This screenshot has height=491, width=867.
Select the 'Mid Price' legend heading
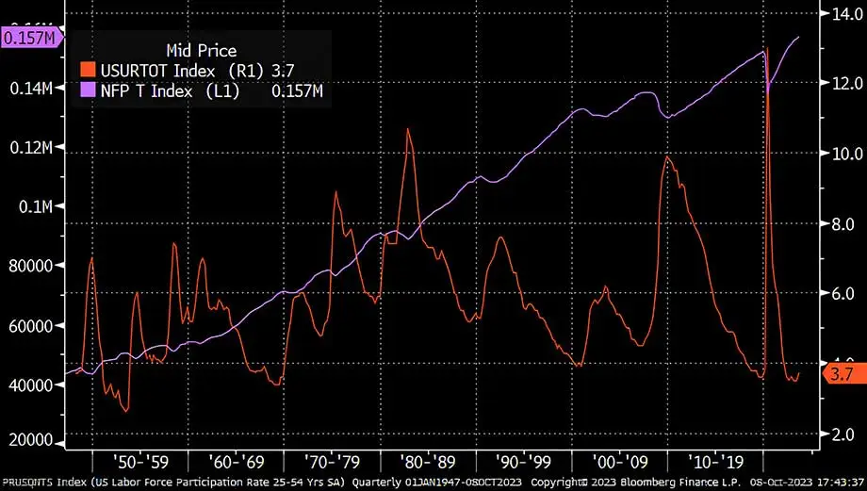click(201, 50)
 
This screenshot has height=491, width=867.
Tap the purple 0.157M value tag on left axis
click(30, 38)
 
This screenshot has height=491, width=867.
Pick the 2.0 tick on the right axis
click(839, 434)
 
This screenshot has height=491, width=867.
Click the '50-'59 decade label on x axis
click(140, 463)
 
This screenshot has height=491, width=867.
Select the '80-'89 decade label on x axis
click(430, 463)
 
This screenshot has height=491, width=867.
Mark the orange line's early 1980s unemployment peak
click(408, 129)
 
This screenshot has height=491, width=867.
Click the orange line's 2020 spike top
click(768, 49)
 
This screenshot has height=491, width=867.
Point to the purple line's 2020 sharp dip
click(768, 92)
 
